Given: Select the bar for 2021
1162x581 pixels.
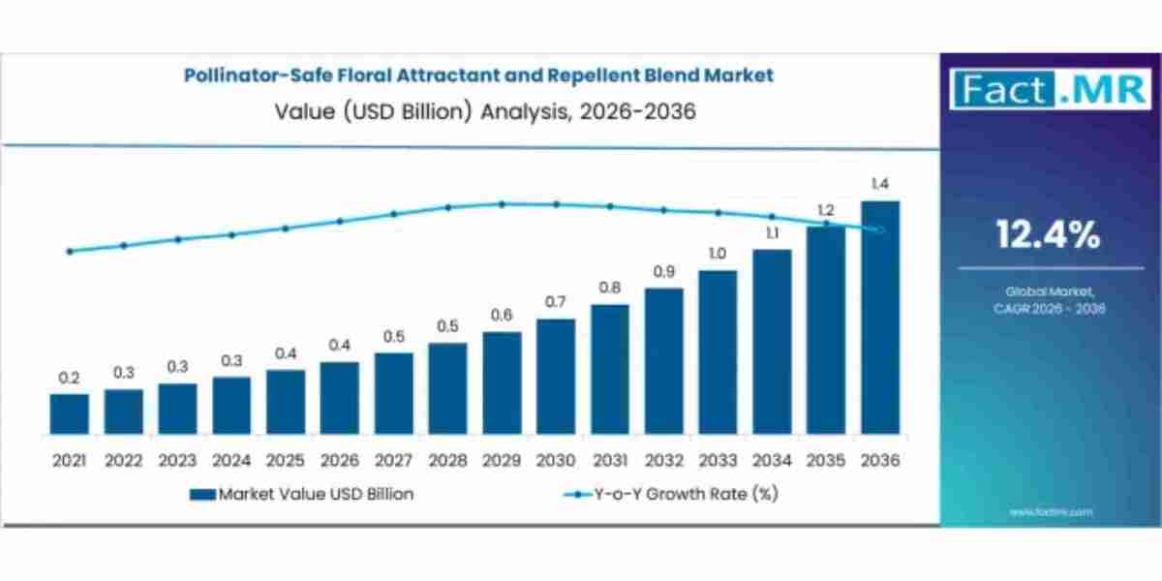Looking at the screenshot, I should point(70,413).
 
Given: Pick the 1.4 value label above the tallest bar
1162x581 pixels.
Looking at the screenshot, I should point(880,184).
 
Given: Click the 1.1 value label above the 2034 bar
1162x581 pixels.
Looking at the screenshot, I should point(772,232).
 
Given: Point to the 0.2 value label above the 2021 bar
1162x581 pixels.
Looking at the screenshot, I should point(70,378).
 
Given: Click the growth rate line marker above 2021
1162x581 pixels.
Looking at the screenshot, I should point(70,251).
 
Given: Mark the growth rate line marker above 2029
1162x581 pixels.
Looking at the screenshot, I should point(502,203).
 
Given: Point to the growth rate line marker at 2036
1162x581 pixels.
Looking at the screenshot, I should point(880,229).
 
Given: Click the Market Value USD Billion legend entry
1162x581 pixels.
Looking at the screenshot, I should point(302,494).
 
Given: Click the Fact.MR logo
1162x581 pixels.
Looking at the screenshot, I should point(1050,89).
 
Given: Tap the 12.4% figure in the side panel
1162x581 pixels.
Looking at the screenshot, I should point(1050,233).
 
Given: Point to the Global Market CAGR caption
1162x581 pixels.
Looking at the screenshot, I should point(1050,299).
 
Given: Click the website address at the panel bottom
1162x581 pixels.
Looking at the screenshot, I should point(1051,511).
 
